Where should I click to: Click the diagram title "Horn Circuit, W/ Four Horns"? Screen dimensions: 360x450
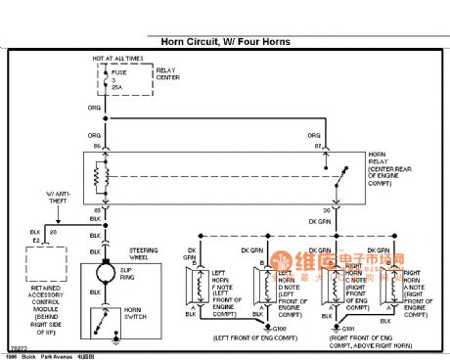pos(225,42)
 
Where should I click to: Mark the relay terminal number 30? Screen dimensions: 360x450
pos(324,210)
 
